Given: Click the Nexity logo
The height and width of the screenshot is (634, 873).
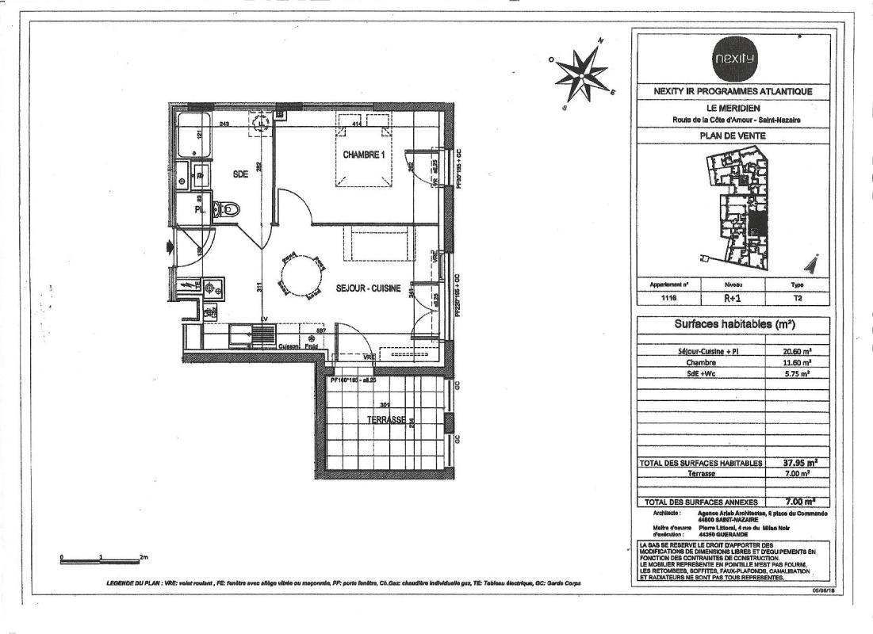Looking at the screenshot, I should tap(735, 59).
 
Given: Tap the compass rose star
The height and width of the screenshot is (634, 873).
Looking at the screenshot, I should tap(585, 73).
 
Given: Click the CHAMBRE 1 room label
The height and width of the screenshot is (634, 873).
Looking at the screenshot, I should tap(364, 155).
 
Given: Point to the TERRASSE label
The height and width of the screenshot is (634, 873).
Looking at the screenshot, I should tap(386, 420).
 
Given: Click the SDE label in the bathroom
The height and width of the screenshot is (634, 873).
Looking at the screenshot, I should tap(240, 176).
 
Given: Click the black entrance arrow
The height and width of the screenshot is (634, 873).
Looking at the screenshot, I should tap(170, 247).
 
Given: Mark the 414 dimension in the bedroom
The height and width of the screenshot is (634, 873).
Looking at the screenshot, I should tap(357, 124).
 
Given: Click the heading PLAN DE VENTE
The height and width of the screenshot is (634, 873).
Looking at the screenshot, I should tap(733, 136).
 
